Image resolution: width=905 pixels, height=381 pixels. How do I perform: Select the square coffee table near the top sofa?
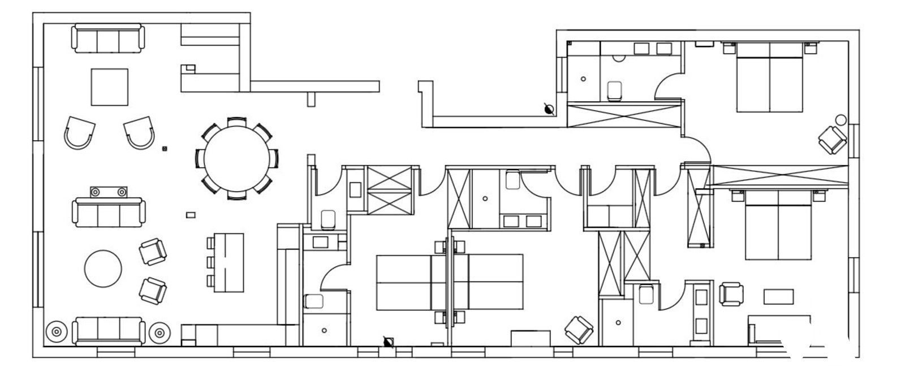tap(110, 86)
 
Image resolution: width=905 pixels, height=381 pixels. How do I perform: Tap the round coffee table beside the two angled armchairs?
tap(103, 269)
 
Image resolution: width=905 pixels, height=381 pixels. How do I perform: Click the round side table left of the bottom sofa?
tap(56, 332)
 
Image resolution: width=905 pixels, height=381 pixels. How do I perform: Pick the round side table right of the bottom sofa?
tap(160, 332)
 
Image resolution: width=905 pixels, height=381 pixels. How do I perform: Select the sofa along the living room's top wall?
tap(107, 38)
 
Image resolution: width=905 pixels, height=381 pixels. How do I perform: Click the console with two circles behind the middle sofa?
tap(107, 192)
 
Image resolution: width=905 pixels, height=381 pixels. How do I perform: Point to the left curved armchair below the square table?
tap(79, 133)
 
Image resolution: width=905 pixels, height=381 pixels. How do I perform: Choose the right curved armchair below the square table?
tap(139, 133)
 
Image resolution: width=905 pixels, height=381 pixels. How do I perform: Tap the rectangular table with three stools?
tap(229, 262)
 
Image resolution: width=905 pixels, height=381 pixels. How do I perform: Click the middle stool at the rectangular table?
tap(210, 262)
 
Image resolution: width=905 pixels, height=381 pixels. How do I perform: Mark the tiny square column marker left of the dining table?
tap(165, 149)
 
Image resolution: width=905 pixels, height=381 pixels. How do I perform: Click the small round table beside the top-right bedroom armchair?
tap(841, 120)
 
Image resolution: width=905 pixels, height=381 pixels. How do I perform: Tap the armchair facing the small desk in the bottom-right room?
tap(731, 295)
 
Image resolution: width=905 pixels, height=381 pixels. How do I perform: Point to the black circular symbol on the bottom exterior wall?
tap(387, 341)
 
